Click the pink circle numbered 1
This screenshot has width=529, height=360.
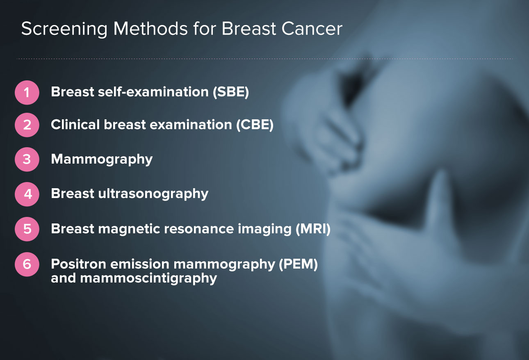(27, 92)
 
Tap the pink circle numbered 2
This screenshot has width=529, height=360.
(27, 125)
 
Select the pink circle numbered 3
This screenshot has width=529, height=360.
(27, 159)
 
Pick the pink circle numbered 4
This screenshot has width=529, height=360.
(27, 194)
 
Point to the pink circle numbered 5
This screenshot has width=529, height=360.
(27, 229)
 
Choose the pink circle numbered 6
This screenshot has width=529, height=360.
(27, 264)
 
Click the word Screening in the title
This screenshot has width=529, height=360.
(64, 29)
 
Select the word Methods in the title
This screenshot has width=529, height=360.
(150, 29)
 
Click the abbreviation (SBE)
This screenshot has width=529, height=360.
(231, 91)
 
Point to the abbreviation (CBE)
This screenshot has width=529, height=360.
(255, 124)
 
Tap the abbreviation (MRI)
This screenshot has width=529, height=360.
(313, 229)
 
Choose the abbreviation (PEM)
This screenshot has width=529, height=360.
(298, 264)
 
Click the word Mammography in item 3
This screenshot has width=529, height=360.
(102, 159)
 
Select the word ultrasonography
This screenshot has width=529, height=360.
(153, 194)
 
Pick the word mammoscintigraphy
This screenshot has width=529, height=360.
(148, 278)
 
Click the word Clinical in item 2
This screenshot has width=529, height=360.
(75, 124)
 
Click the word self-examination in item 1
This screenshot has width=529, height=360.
(153, 91)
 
